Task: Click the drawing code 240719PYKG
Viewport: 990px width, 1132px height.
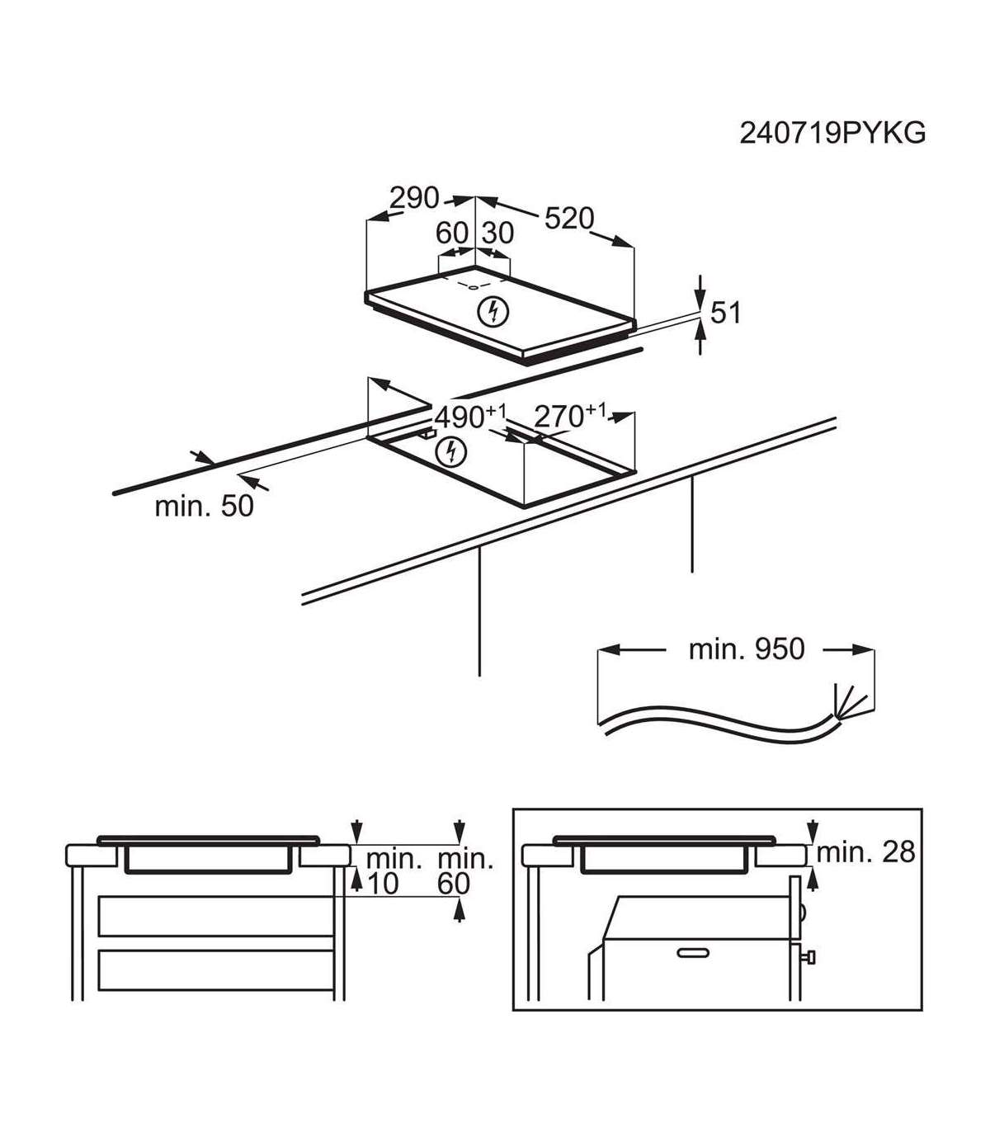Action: (x=832, y=134)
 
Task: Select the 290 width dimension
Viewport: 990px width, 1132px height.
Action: (x=414, y=197)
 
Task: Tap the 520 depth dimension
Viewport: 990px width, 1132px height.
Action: (x=569, y=218)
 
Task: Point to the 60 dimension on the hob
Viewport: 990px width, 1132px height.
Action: (x=452, y=233)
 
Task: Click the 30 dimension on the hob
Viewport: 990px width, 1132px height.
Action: (x=497, y=233)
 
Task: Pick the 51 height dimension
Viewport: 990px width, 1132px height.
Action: (x=725, y=313)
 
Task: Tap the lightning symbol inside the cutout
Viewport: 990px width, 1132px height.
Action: (x=450, y=452)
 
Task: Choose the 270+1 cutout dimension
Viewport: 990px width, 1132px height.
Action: (x=570, y=415)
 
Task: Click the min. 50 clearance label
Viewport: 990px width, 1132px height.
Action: (x=204, y=506)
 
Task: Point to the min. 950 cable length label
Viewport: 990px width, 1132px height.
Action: (x=746, y=649)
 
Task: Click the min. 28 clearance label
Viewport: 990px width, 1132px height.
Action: (x=865, y=852)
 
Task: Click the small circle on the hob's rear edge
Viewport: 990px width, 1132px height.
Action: (x=474, y=287)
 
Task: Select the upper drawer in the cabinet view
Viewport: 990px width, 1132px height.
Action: (x=215, y=916)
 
